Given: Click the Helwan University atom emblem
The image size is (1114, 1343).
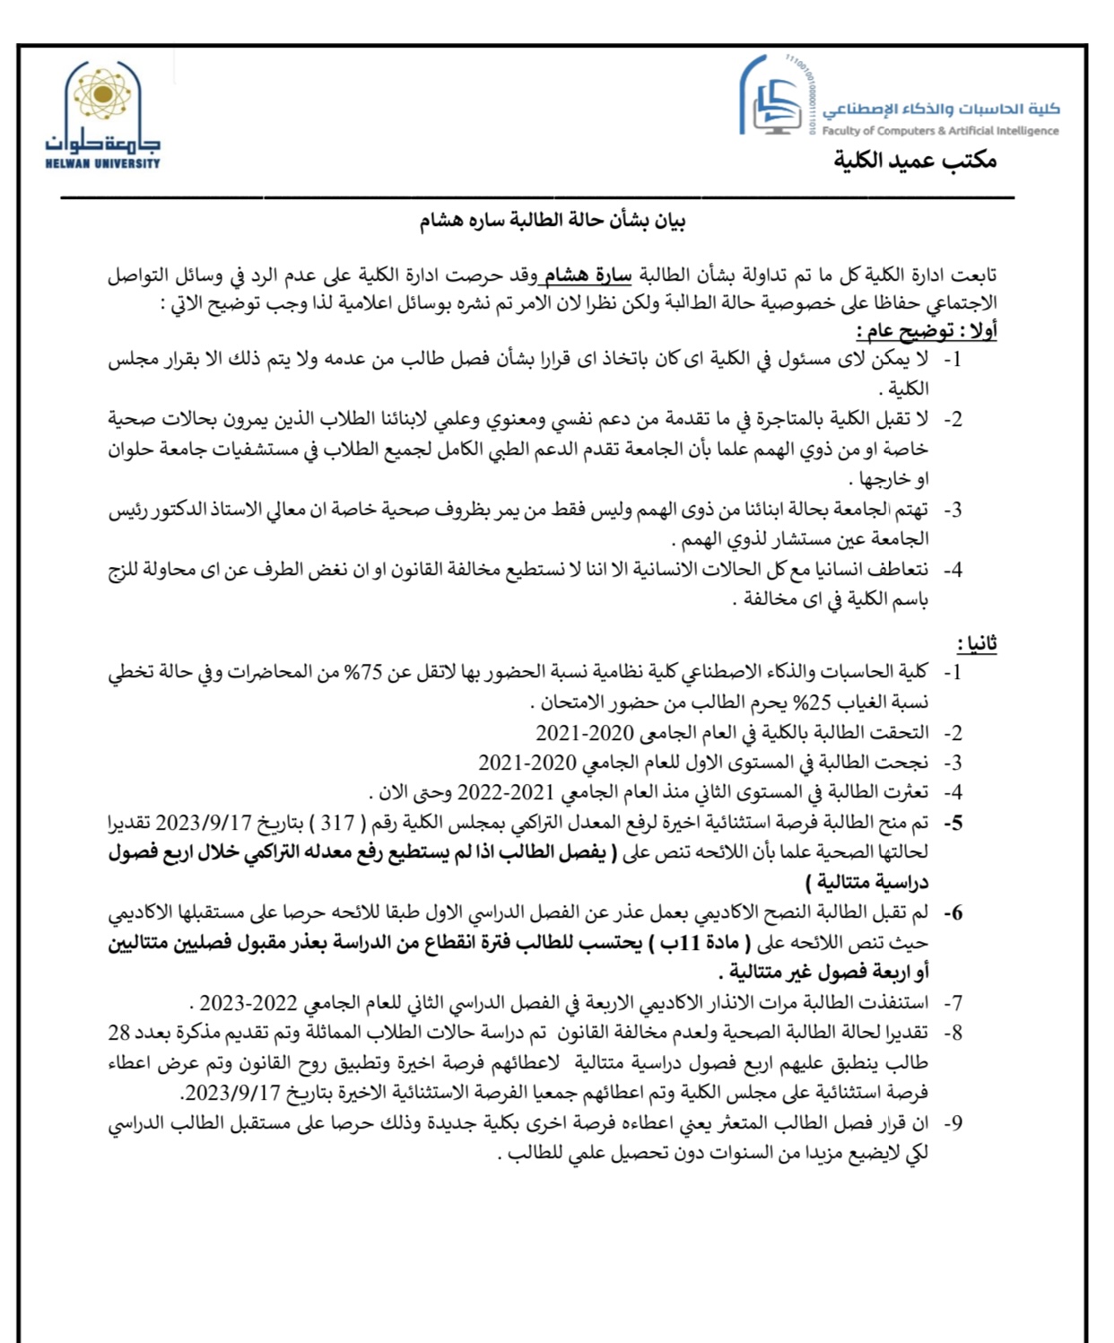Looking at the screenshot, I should point(102,94).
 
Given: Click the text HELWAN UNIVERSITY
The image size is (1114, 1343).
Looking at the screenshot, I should point(102,163).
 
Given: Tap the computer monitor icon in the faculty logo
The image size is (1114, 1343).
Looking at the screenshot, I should point(777,111).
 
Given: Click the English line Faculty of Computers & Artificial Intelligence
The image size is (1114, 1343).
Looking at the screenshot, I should point(940,131).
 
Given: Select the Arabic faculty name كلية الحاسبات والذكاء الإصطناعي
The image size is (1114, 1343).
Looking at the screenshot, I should point(941,109).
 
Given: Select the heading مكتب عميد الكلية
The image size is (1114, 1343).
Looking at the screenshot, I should point(915,161).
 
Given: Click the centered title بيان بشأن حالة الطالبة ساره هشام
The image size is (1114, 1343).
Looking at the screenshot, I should point(552,221).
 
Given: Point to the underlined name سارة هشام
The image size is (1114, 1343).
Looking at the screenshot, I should point(588,275).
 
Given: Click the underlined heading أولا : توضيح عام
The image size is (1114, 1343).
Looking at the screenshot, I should point(927,331).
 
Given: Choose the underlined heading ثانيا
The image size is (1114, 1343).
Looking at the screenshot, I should point(976,643).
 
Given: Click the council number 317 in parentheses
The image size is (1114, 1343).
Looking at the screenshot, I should point(337,823).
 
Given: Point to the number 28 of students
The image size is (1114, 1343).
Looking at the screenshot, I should point(119,1033).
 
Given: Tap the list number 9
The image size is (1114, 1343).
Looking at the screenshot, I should point(953,1123).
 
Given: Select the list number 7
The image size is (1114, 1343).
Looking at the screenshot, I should point(953,1003).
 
